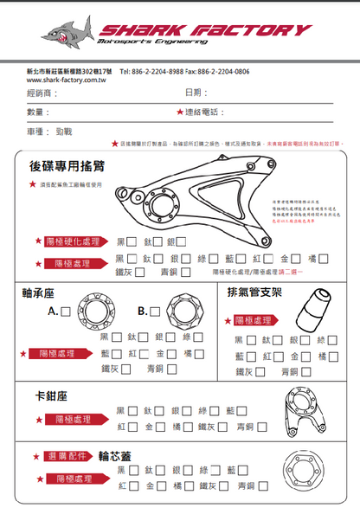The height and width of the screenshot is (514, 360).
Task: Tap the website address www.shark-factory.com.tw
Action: pyautogui.click(x=61, y=79)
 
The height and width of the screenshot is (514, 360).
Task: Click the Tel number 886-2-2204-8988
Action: pyautogui.click(x=161, y=71)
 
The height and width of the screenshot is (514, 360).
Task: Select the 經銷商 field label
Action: pyautogui.click(x=41, y=93)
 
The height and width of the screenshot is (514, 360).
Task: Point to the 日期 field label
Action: pyautogui.click(x=195, y=93)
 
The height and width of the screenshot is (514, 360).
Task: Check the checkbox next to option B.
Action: pyautogui.click(x=154, y=310)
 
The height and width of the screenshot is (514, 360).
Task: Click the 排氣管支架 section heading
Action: pyautogui.click(x=254, y=292)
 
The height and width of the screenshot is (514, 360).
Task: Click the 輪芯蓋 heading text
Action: pyautogui.click(x=114, y=456)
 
